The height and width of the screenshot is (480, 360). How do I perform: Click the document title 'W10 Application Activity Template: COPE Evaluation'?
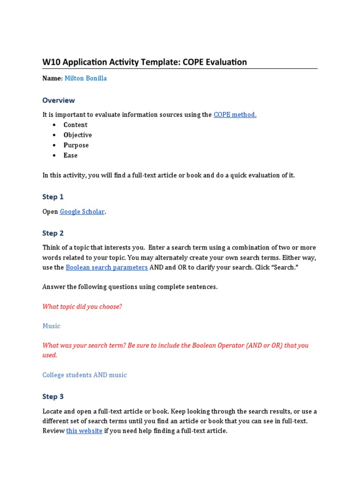point(144,62)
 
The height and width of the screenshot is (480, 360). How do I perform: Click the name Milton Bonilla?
point(85,78)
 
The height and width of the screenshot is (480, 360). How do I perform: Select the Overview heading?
point(59,100)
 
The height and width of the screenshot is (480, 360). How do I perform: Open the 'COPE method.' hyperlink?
point(235,115)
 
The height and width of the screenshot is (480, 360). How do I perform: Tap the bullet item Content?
point(75,125)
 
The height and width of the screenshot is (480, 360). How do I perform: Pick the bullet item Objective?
point(78,135)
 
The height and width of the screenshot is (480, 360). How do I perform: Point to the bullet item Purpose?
point(76,145)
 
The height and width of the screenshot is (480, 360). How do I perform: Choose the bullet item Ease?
point(70,156)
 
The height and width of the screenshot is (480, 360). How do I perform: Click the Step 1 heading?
point(53,197)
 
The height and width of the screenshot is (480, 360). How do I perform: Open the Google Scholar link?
point(82,212)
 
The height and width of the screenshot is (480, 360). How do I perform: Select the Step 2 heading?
point(53,233)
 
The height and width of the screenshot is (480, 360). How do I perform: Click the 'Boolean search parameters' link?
point(107,268)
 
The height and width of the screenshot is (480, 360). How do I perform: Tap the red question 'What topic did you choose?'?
point(82,307)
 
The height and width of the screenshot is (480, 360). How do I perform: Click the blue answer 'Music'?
point(52,326)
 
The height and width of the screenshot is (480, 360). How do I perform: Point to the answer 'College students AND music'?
point(84,375)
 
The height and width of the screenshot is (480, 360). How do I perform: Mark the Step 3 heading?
point(53,397)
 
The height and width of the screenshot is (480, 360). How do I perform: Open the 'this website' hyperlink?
point(84,431)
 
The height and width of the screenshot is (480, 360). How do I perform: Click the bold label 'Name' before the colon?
point(52,78)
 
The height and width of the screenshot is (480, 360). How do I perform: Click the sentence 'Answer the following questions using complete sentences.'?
point(130,287)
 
